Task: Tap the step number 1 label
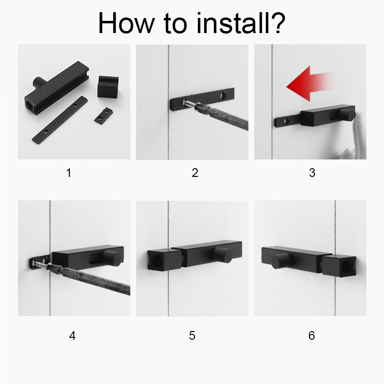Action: pos(69,173)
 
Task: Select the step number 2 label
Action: pos(195,173)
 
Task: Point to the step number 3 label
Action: pos(312,173)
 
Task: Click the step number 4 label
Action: pos(72,335)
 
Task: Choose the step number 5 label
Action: pos(192,335)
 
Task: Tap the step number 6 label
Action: pos(312,335)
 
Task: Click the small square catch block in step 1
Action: pos(108,86)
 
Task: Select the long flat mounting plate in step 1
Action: pos(60,120)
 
